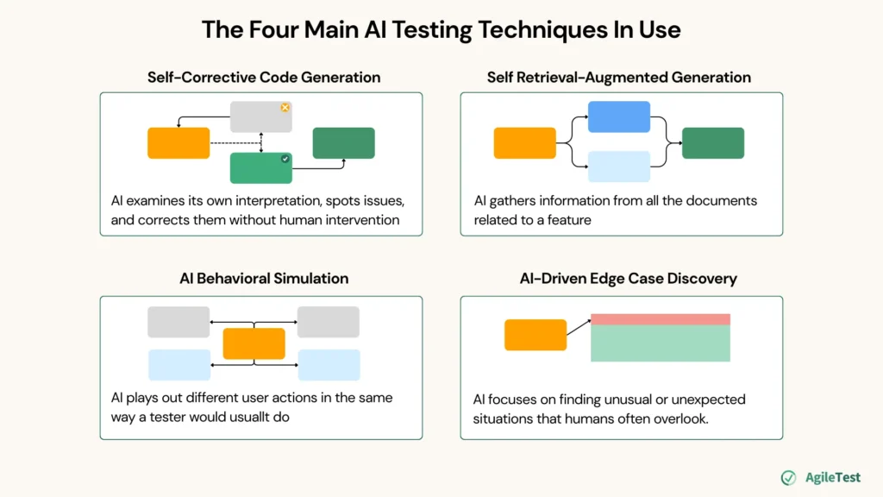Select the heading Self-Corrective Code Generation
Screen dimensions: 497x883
(x=264, y=78)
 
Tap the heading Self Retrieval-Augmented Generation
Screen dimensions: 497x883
(x=618, y=78)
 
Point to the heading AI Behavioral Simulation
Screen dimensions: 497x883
(x=264, y=279)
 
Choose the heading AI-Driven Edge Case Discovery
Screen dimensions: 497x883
(x=618, y=279)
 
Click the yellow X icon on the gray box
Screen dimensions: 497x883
(x=285, y=108)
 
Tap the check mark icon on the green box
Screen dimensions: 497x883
(x=285, y=159)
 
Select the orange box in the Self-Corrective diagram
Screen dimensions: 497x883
(x=178, y=143)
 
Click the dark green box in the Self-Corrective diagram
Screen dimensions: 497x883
(x=343, y=143)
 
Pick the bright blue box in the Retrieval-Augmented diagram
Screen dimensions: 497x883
(x=618, y=116)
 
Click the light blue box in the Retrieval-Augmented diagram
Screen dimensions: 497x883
(x=618, y=167)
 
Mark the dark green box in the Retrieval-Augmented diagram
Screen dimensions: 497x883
(x=712, y=143)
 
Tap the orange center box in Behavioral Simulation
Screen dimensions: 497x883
(x=254, y=343)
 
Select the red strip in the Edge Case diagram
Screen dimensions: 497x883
(x=660, y=319)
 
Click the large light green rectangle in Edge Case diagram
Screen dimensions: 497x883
(x=660, y=343)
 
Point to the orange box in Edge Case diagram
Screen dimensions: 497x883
(x=535, y=335)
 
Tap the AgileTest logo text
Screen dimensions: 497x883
(x=833, y=478)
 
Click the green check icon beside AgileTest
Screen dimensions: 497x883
(x=788, y=478)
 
